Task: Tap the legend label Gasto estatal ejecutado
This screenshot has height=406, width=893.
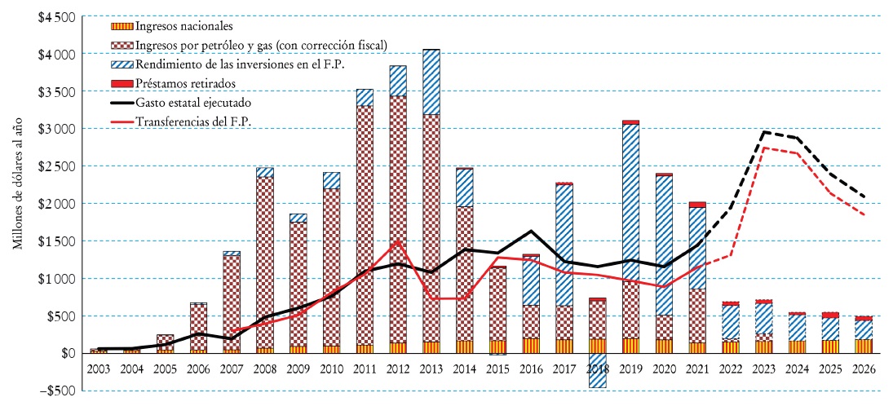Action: tap(193, 103)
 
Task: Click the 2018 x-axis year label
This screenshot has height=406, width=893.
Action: tap(597, 369)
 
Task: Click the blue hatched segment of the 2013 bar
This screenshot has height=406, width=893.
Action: tap(431, 82)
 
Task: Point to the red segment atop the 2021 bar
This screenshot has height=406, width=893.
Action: tap(696, 205)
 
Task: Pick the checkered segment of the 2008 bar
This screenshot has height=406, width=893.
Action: tap(264, 261)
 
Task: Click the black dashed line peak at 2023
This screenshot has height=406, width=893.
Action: tap(763, 131)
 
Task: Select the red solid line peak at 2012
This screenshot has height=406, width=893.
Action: tap(397, 240)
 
